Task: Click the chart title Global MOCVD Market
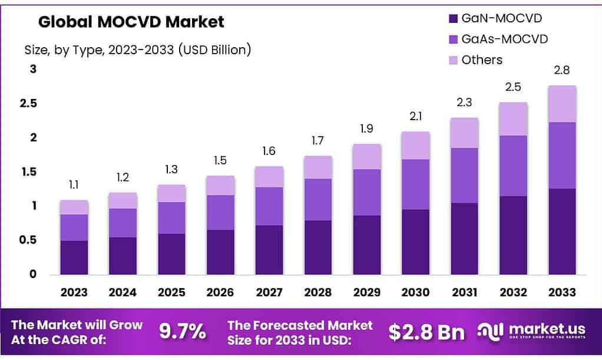131,22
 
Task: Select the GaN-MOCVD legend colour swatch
452,19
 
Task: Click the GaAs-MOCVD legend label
505,39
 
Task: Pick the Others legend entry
482,60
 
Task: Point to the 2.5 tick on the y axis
30,104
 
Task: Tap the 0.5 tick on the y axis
30,240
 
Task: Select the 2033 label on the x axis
562,292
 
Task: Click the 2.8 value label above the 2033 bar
562,71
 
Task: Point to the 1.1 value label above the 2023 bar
74,185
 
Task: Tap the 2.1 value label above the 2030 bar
416,117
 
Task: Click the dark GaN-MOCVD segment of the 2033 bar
562,231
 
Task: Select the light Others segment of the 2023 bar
74,207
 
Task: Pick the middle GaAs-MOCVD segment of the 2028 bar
318,199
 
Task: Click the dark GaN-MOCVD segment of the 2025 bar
171,254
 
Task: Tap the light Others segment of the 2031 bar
464,133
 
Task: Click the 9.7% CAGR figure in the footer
183,332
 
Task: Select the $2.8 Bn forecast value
426,332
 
